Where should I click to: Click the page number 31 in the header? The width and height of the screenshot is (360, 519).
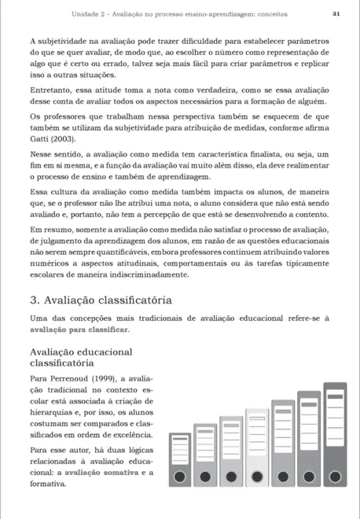coord(336,13)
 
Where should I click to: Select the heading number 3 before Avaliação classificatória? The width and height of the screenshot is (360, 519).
coord(33,300)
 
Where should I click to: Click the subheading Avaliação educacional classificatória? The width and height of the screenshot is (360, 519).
coord(80,357)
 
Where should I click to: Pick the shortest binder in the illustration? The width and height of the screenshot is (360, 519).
coord(180,460)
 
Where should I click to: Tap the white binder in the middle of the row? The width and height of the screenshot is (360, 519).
coord(256,447)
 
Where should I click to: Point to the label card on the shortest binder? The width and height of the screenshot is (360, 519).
coord(180,453)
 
